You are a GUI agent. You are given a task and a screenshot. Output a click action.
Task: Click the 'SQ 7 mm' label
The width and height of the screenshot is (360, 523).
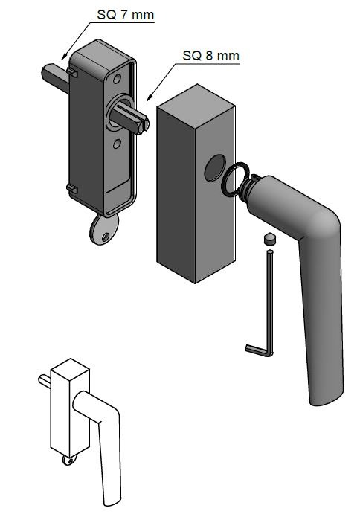[126, 15]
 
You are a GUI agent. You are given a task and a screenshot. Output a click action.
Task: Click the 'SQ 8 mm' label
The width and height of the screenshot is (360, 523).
[211, 55]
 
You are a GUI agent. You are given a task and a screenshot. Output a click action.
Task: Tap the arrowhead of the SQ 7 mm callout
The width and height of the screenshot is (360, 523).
[64, 57]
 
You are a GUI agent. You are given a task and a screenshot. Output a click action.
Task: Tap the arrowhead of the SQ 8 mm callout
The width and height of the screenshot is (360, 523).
[150, 97]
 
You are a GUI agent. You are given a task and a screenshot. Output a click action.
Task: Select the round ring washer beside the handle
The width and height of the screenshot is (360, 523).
[235, 178]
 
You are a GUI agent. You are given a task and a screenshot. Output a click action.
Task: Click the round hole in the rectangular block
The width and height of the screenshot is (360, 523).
[215, 168]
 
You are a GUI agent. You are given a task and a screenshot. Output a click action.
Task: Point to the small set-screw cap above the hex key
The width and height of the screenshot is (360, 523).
[269, 239]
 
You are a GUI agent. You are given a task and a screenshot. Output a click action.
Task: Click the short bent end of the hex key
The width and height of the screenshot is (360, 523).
[256, 350]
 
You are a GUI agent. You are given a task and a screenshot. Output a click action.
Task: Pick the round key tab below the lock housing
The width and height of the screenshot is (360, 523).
[104, 229]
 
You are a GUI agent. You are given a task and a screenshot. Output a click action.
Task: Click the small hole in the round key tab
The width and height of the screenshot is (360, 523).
[106, 237]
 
